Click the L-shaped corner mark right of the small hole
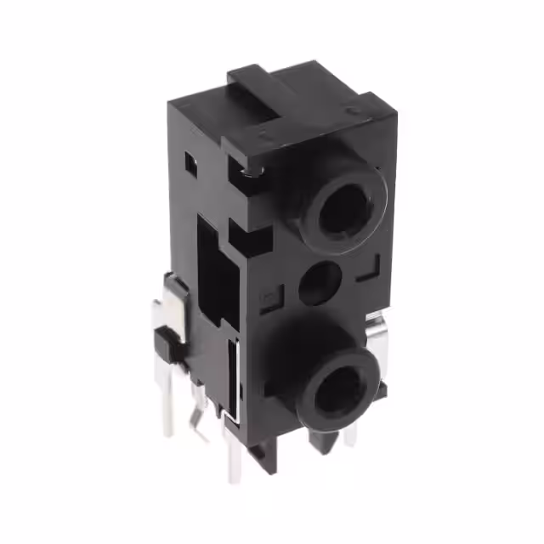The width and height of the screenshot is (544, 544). click(x=367, y=274)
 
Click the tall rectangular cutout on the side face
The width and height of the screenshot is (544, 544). click(x=209, y=263)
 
